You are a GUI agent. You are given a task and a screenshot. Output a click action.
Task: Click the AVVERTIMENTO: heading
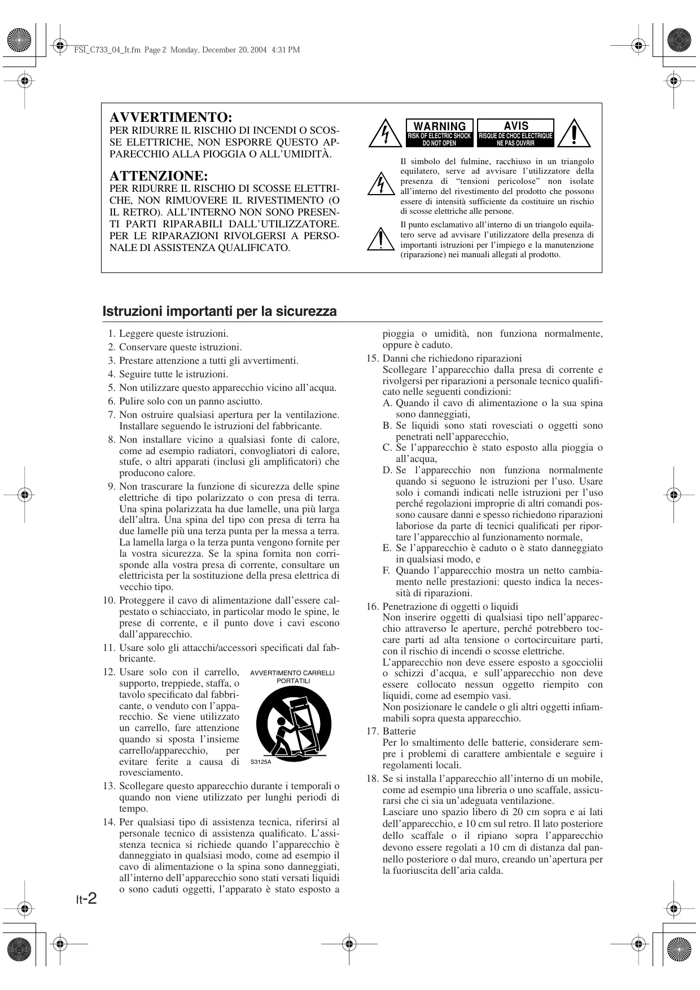(x=170, y=117)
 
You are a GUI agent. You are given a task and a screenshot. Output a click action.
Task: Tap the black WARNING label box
(x=439, y=133)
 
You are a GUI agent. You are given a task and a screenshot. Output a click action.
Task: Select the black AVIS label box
(x=516, y=133)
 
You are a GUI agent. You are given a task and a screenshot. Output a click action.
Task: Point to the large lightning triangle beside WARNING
(x=384, y=134)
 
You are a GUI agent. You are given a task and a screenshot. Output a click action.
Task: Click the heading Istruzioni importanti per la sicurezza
(x=220, y=311)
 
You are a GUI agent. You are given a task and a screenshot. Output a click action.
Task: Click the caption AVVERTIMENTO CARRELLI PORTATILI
(x=292, y=676)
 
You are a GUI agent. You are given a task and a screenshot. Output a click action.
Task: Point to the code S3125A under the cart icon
(x=261, y=762)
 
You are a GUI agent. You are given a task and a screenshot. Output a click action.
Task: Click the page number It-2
(x=86, y=898)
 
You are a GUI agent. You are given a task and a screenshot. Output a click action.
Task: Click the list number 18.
(x=372, y=778)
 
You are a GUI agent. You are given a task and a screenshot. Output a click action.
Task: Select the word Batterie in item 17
(x=399, y=731)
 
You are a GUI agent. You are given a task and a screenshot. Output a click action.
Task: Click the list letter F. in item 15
(x=387, y=570)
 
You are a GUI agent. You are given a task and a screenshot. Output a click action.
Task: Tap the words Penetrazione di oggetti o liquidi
(x=450, y=606)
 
